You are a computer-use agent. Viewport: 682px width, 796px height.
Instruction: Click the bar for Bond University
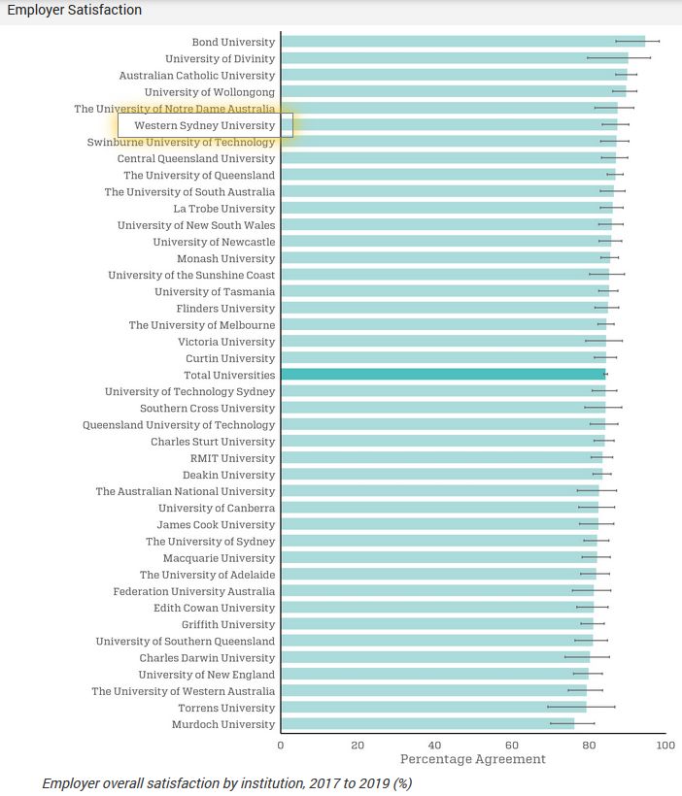click(x=462, y=42)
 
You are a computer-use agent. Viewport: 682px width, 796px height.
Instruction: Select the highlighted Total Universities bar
click(x=443, y=375)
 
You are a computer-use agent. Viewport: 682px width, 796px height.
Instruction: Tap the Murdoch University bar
click(x=427, y=724)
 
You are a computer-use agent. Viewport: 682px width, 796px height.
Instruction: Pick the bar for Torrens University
click(x=433, y=708)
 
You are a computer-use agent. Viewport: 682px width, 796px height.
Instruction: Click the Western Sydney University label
click(x=205, y=125)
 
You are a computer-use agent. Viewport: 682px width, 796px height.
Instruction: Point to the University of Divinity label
click(x=220, y=58)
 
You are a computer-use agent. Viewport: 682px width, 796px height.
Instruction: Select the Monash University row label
click(x=225, y=258)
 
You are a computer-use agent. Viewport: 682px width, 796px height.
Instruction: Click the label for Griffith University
click(x=227, y=624)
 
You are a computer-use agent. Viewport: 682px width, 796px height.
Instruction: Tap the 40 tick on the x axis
click(x=434, y=746)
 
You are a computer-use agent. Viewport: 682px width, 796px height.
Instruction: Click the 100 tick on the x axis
click(x=665, y=746)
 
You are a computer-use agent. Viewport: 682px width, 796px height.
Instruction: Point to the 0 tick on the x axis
click(x=281, y=746)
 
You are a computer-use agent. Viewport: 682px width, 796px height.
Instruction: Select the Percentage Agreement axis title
click(x=473, y=759)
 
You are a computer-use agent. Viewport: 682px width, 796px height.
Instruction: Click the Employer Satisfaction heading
click(x=74, y=10)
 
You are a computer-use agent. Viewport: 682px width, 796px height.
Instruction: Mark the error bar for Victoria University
click(x=603, y=342)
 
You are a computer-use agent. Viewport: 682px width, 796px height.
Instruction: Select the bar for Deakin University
click(x=441, y=475)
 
